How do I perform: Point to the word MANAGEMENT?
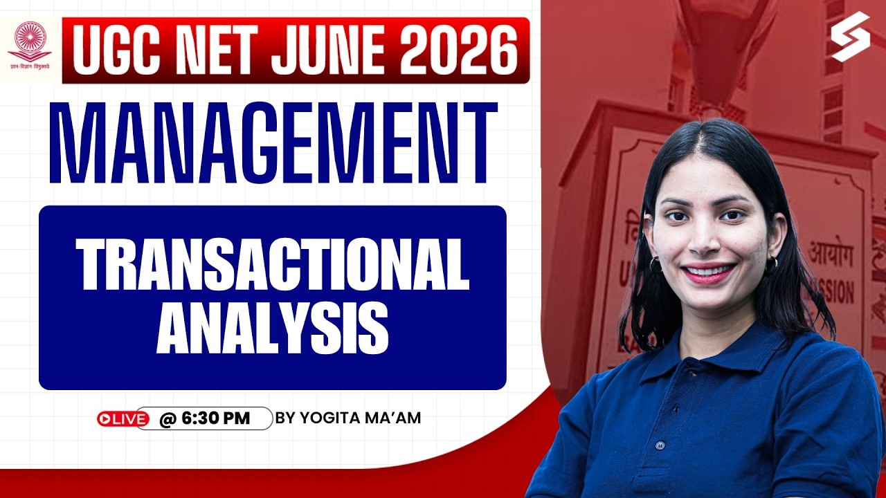[x=274, y=143]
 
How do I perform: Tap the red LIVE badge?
[x=123, y=418]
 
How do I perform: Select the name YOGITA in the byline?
[x=327, y=418]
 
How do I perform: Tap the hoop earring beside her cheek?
[x=655, y=265]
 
